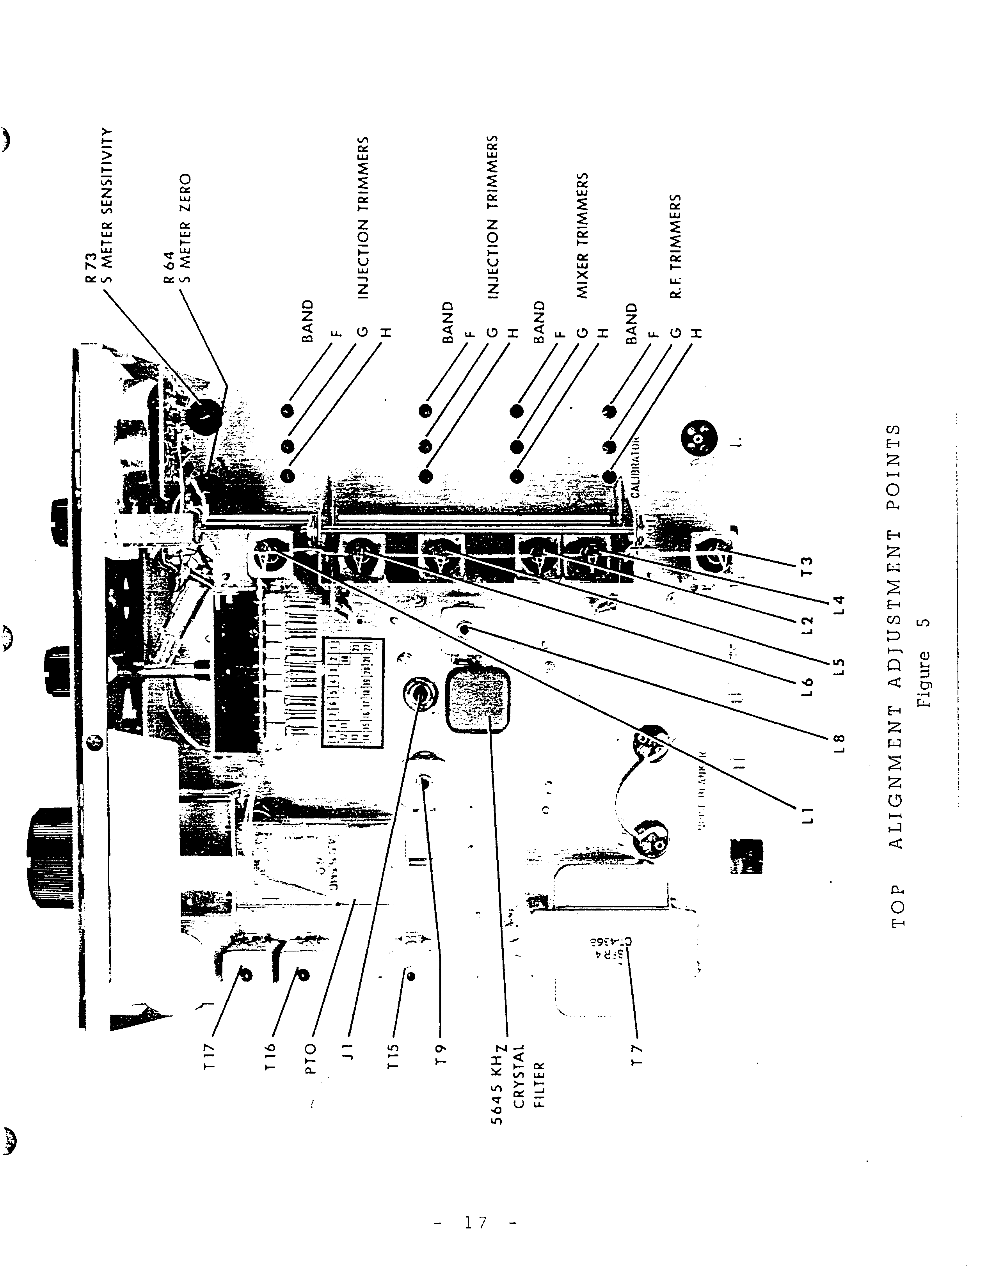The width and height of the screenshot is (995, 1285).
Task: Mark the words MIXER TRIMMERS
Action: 583,235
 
